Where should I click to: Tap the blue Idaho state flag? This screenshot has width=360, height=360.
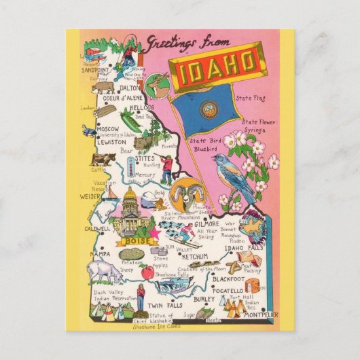[x=206, y=112]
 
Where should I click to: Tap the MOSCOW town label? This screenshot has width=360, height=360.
[x=107, y=129]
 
